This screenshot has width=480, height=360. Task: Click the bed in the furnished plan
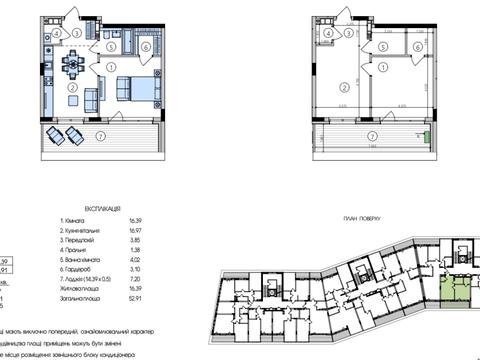139,88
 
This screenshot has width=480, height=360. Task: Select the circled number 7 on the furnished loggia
97,136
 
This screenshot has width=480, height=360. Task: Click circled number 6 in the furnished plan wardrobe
145,46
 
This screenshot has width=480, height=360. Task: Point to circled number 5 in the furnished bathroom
112,46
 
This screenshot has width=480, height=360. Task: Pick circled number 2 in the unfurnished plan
342,87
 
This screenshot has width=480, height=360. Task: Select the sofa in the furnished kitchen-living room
92,97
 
